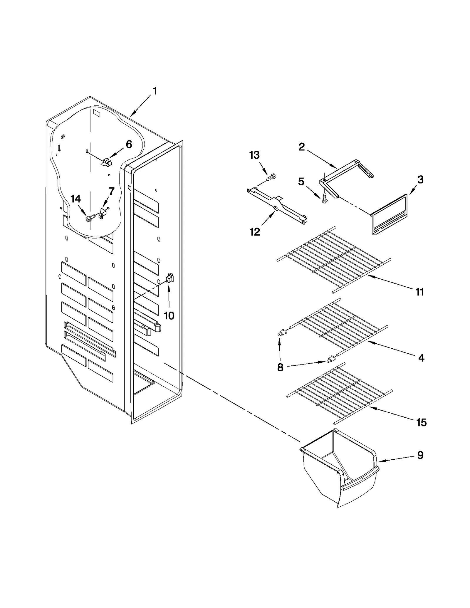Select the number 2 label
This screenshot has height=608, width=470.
pyautogui.click(x=302, y=147)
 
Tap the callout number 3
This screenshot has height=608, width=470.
pyautogui.click(x=420, y=179)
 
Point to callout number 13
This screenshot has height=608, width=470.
pyautogui.click(x=254, y=155)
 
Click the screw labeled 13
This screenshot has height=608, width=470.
pyautogui.click(x=271, y=177)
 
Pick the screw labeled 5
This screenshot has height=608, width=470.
pyautogui.click(x=324, y=199)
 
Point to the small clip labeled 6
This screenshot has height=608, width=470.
pyautogui.click(x=106, y=162)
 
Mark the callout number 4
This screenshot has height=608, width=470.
pyautogui.click(x=421, y=358)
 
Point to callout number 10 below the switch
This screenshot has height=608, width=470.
pyautogui.click(x=169, y=316)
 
